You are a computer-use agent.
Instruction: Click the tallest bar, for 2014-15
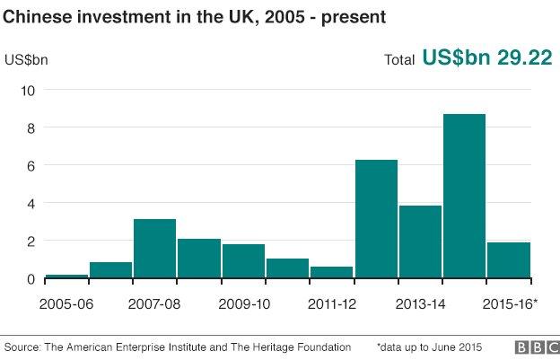coord(464,197)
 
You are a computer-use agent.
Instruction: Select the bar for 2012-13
coord(376,219)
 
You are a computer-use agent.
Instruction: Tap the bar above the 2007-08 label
coord(154,249)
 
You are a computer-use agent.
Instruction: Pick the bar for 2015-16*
coord(509,260)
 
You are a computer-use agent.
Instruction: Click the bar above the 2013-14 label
coord(420,241)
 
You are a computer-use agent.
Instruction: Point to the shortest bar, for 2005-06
coord(66,276)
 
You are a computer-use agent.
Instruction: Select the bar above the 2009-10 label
coord(243,261)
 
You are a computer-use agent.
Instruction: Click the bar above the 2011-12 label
coord(331,272)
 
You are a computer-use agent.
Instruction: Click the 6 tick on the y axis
coord(30,165)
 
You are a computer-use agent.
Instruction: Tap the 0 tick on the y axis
coord(30,278)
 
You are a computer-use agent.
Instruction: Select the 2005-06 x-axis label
coord(66,303)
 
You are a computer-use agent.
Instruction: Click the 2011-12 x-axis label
coord(331,303)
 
